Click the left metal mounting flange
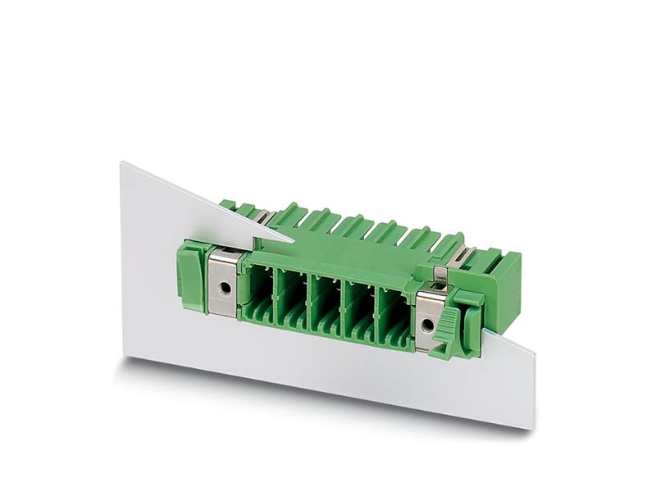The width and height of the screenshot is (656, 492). click(x=221, y=282)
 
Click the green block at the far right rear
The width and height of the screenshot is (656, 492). click(x=502, y=280)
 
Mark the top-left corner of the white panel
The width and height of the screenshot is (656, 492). click(x=122, y=162)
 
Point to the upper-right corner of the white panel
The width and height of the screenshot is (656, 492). click(x=534, y=351)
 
